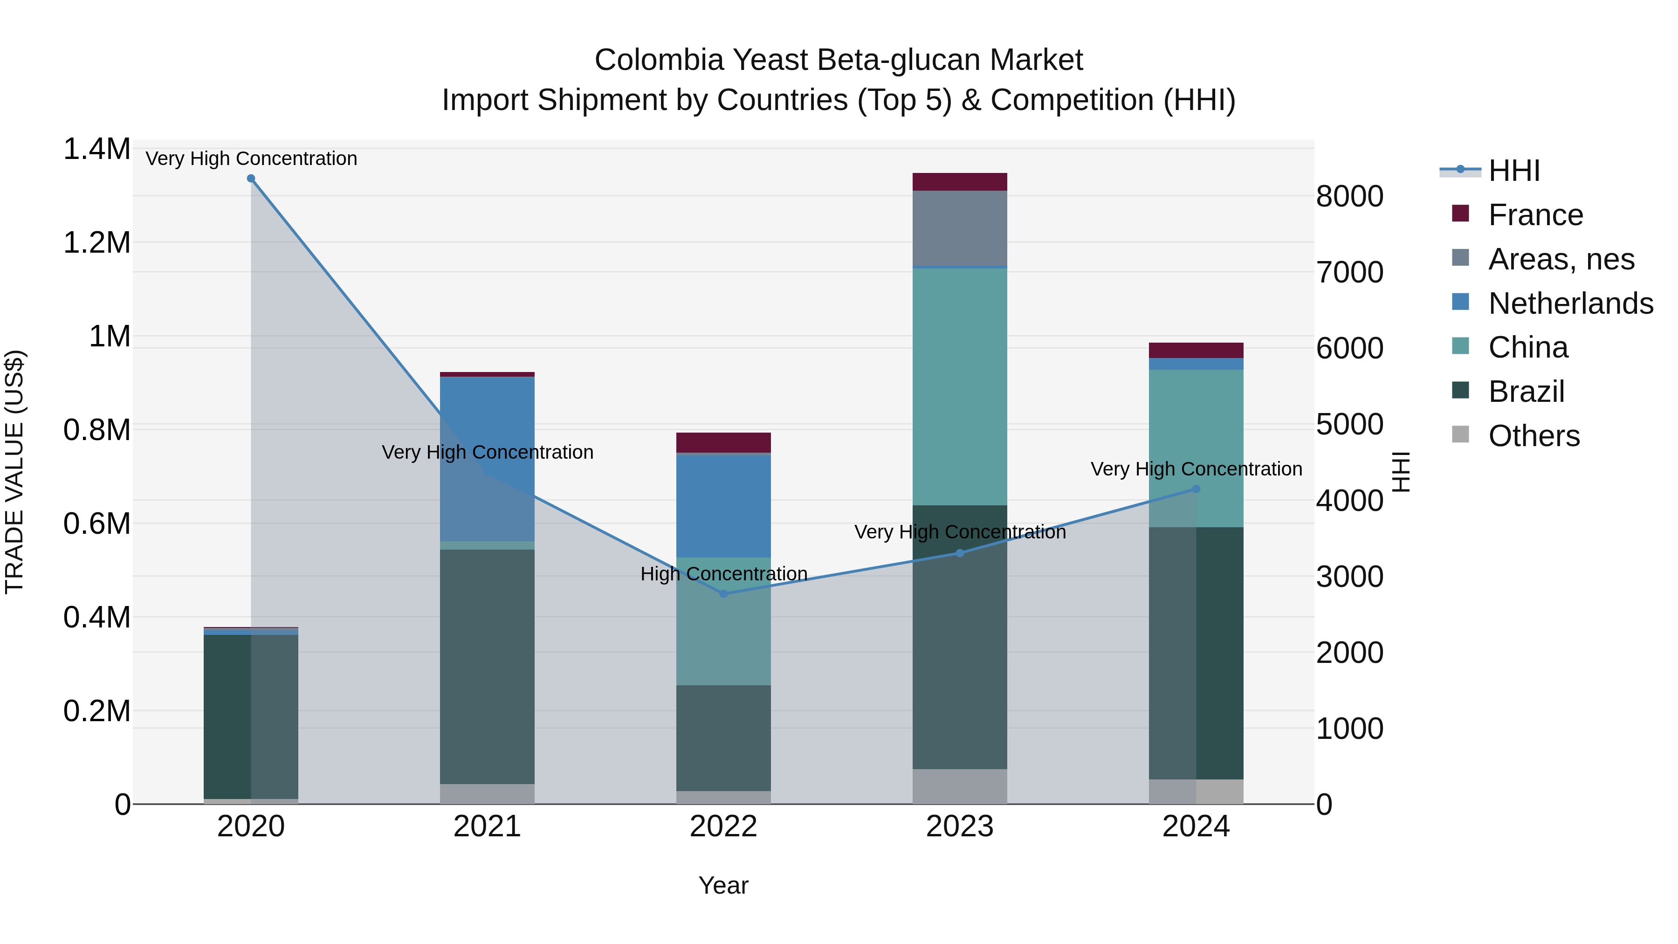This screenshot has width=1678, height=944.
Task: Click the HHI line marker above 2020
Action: pos(251,179)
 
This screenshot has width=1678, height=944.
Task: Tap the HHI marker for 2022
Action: pos(723,593)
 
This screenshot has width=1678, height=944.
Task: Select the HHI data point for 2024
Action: pos(1196,489)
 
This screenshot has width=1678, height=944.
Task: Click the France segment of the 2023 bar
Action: pos(960,182)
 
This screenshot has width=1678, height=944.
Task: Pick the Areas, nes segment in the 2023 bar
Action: pos(960,228)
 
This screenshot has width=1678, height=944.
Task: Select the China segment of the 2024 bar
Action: pos(1196,448)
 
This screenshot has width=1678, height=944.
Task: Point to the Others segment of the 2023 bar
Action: pos(960,786)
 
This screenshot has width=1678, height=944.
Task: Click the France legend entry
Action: pos(1535,215)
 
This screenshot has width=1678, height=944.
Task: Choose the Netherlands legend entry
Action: pos(1570,303)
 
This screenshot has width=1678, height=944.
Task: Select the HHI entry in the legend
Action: pos(1514,171)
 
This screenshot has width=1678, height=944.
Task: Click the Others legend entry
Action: pos(1534,436)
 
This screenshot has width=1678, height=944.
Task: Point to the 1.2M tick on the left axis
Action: pos(96,243)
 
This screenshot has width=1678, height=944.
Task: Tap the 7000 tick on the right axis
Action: pos(1350,272)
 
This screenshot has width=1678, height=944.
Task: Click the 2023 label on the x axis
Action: pos(960,827)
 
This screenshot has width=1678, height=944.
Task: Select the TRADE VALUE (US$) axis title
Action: pos(15,472)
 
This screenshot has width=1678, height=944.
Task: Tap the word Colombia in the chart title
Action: pos(659,60)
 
